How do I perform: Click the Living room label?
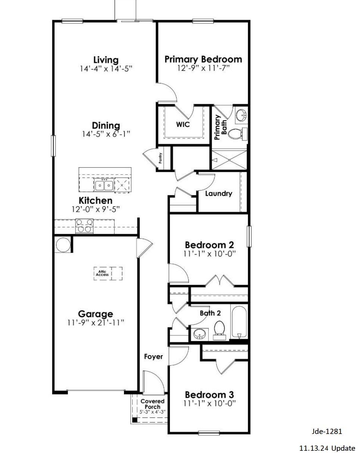coord(106,60)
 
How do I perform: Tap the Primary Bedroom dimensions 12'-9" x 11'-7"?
coord(203,68)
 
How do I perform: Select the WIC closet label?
coord(183,124)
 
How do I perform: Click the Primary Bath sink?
coord(241,115)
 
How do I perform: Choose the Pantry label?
coord(161,159)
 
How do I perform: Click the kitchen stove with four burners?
coord(84,226)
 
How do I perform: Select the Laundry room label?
coord(218,193)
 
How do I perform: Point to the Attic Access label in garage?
coord(102,273)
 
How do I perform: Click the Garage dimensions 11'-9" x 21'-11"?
coord(96,323)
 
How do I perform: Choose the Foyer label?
coord(153,357)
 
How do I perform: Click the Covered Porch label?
coord(152,404)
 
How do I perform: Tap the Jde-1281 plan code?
coord(327,431)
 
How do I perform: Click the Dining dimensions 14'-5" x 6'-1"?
coord(106,134)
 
